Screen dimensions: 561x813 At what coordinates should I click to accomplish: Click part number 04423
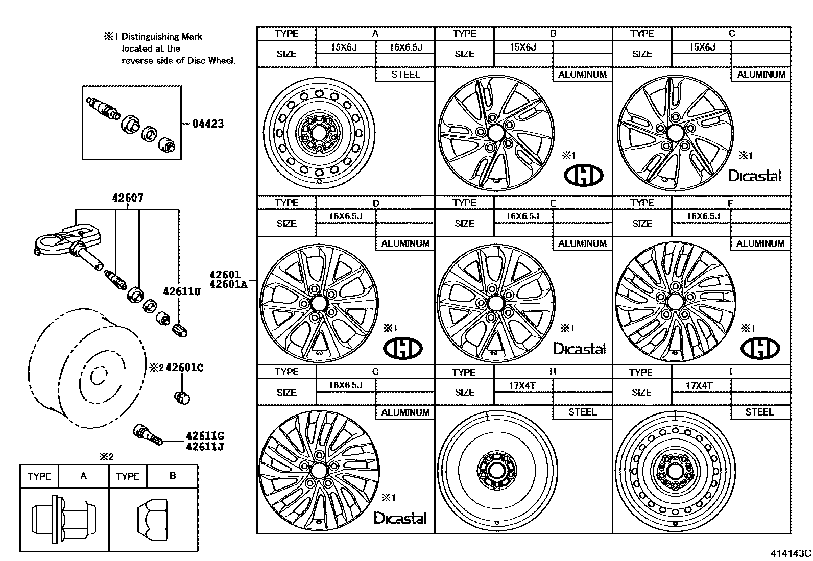tap(208, 124)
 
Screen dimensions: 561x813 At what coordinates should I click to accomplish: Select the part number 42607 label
tap(128, 198)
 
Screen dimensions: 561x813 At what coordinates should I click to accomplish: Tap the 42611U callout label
tap(181, 291)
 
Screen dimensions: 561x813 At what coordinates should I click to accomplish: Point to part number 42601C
tap(184, 368)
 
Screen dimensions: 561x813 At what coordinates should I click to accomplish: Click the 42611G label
tap(205, 436)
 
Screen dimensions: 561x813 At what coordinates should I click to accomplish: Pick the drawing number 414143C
tap(791, 553)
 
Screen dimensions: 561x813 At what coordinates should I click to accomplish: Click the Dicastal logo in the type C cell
tap(754, 176)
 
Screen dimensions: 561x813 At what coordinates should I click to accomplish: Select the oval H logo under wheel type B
tap(583, 176)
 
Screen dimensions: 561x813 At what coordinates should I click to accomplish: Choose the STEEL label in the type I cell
tap(759, 412)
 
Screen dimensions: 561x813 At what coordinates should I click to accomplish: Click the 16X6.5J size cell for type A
tap(405, 47)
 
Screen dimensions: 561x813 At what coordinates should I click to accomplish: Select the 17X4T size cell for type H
tap(523, 386)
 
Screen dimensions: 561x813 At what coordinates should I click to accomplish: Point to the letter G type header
tap(375, 372)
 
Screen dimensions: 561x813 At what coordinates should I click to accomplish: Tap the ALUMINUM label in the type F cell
tap(760, 243)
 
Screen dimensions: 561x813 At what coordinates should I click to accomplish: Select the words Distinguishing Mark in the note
tap(161, 37)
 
